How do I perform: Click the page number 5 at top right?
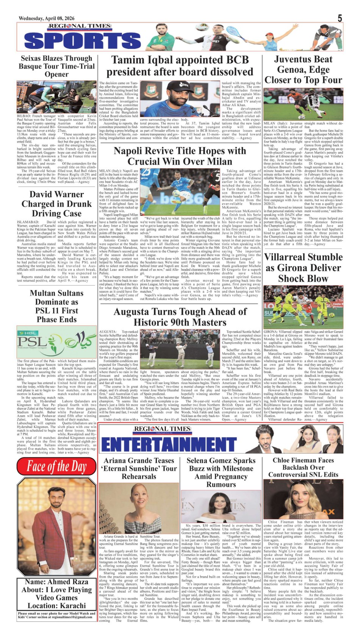click(340, 18)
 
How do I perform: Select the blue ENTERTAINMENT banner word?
click(169, 444)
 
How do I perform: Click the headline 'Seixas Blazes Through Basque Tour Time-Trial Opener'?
click(56, 66)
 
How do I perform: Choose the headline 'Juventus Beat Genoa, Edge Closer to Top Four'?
click(303, 70)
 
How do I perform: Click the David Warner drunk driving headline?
click(56, 204)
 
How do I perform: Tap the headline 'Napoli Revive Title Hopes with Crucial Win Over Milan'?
click(180, 156)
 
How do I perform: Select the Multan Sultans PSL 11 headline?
click(56, 306)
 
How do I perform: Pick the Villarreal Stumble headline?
click(303, 268)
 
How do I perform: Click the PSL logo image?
click(56, 342)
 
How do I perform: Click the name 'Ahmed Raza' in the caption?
click(70, 582)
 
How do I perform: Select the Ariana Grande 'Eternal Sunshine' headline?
click(139, 468)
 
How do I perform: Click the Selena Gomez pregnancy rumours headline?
click(221, 472)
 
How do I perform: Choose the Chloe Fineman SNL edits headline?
click(303, 467)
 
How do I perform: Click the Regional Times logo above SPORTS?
click(79, 27)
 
